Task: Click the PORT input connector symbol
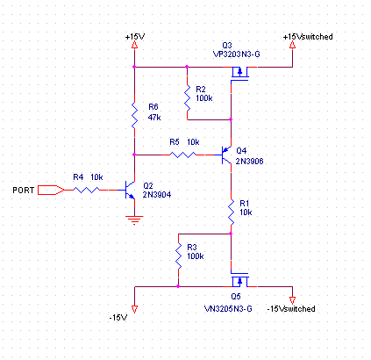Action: pyautogui.click(x=52, y=190)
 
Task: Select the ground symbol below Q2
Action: pyautogui.click(x=134, y=220)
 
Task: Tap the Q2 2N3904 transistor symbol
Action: pyautogui.click(x=130, y=190)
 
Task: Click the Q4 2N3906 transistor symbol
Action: pyautogui.click(x=226, y=155)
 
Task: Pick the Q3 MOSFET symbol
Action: pyautogui.click(x=239, y=74)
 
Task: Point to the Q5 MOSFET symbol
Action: pyautogui.click(x=239, y=279)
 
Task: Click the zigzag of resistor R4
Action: pyautogui.click(x=86, y=190)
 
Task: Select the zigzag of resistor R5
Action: pyautogui.click(x=182, y=155)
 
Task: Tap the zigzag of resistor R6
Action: pyautogui.click(x=134, y=115)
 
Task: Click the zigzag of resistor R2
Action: pyautogui.click(x=187, y=98)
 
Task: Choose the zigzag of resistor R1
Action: pyautogui.click(x=231, y=212)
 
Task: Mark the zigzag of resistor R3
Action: pyautogui.click(x=178, y=256)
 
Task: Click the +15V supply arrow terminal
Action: pyautogui.click(x=134, y=45)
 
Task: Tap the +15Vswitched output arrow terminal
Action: pyautogui.click(x=292, y=45)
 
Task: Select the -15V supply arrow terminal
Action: pyautogui.click(x=134, y=309)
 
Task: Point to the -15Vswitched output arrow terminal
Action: pyautogui.click(x=292, y=300)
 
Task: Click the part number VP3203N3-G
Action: pyautogui.click(x=237, y=54)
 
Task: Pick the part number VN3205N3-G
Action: pyautogui.click(x=228, y=309)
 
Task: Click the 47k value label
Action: pyautogui.click(x=154, y=118)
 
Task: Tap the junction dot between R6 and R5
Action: pyautogui.click(x=134, y=155)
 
